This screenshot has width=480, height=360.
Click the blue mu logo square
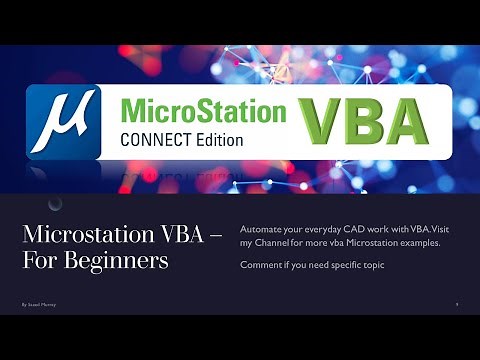click(x=62, y=122)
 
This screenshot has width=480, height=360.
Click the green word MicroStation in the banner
click(x=203, y=109)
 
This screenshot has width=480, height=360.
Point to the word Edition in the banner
click(x=217, y=139)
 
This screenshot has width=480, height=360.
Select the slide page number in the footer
click(x=456, y=302)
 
